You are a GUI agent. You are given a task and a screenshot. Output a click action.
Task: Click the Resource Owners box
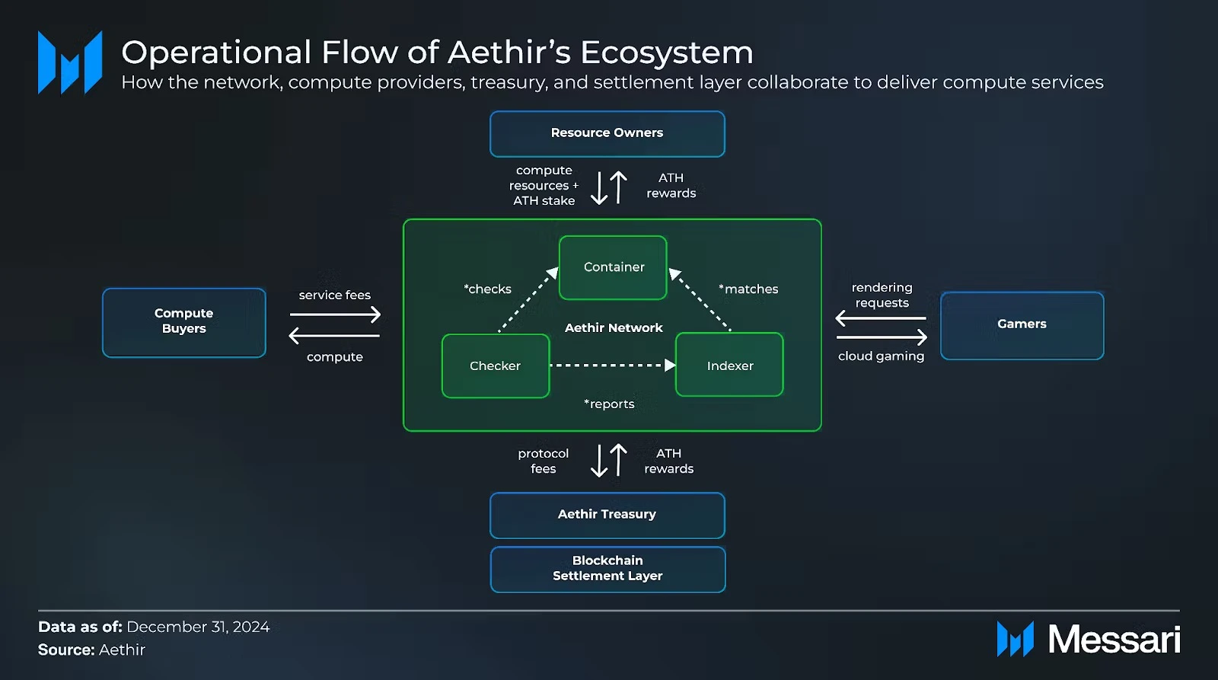point(607,133)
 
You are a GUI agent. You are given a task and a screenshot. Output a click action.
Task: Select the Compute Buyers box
point(183,321)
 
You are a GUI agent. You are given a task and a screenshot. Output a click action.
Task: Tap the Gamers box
point(1022,324)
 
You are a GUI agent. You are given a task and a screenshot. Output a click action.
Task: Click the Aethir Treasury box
point(607,515)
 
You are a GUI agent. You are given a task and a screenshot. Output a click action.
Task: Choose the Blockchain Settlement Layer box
point(607,569)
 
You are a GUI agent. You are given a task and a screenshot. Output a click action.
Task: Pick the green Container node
point(613,267)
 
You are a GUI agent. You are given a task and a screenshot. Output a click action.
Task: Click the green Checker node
point(495,366)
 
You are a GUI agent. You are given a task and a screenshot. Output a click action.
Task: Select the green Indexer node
point(729,366)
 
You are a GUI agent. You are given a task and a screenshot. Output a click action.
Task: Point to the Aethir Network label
point(614,328)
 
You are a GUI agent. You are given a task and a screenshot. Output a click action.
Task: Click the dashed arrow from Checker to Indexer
point(609,366)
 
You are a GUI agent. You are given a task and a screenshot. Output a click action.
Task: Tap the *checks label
point(488,289)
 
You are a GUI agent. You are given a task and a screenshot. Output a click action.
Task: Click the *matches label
point(748,289)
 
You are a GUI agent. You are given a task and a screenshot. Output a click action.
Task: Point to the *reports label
point(609,404)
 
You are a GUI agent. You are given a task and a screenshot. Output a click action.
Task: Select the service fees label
point(334,295)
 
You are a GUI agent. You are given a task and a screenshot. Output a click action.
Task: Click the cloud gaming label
point(881,356)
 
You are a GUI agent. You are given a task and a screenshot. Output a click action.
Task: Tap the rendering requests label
point(882,295)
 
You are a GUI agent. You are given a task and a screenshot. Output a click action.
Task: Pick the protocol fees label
point(543,461)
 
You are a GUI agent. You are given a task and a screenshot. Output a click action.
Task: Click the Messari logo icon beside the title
point(70,63)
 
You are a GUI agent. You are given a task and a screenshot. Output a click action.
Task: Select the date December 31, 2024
point(198,627)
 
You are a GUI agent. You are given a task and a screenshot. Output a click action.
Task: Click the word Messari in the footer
point(1114,640)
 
